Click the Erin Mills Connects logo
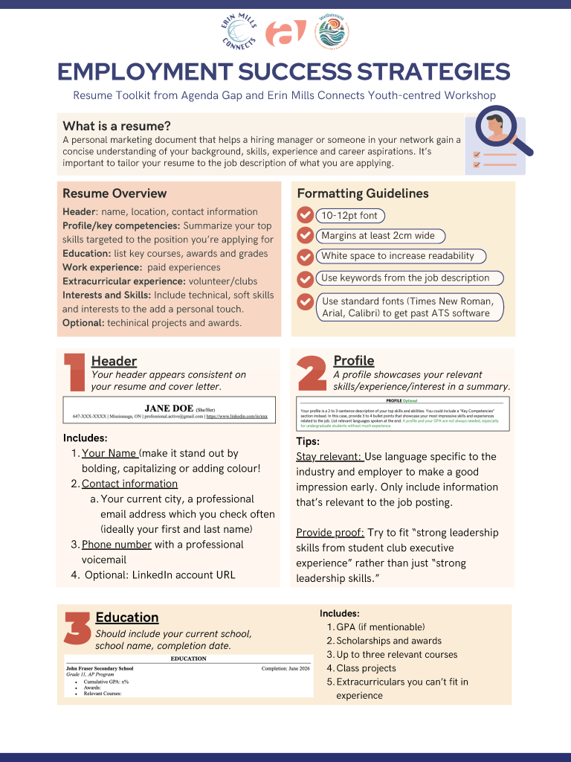pyautogui.click(x=239, y=33)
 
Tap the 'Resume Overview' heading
pyautogui.click(x=114, y=193)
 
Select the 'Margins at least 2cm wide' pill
pyautogui.click(x=378, y=236)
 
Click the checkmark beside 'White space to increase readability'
pyautogui.click(x=305, y=257)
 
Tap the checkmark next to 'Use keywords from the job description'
pyautogui.click(x=305, y=279)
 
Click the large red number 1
pyautogui.click(x=74, y=371)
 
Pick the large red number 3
pyautogui.click(x=78, y=629)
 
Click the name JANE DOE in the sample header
pyautogui.click(x=169, y=408)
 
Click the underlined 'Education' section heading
pyautogui.click(x=127, y=618)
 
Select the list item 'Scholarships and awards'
pyautogui.click(x=389, y=641)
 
